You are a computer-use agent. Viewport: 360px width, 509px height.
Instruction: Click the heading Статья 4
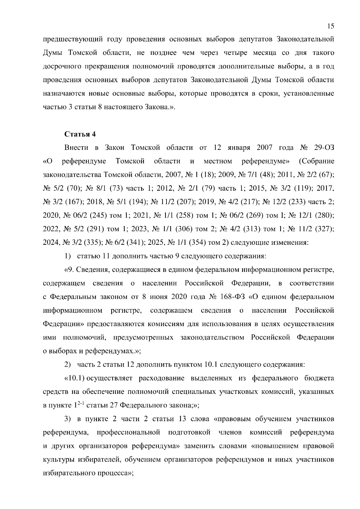(80, 134)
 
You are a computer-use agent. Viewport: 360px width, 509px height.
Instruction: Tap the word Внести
(76, 148)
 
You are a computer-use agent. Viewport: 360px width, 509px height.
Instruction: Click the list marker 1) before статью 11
(68, 256)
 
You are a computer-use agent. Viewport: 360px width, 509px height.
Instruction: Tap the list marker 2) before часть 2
(68, 365)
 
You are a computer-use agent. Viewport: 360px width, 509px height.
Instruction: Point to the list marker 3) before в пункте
(68, 419)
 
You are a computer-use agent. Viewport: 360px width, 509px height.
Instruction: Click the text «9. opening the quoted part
(69, 270)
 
